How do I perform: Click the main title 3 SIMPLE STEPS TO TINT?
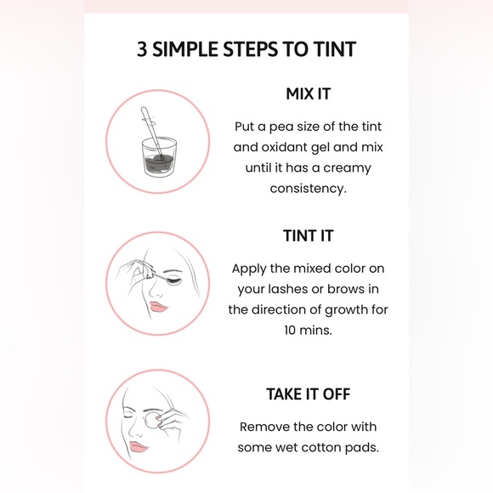click(x=246, y=49)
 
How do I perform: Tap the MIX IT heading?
click(x=308, y=94)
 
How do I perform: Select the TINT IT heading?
click(x=308, y=235)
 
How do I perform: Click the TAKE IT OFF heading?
click(x=308, y=394)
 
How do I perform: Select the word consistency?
click(x=308, y=189)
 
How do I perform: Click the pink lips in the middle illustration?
click(x=156, y=305)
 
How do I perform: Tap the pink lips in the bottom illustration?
click(x=139, y=446)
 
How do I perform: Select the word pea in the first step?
click(x=279, y=127)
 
